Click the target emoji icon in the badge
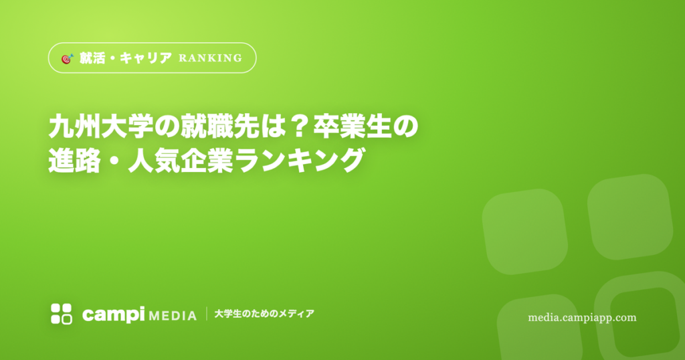point(68,58)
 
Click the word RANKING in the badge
point(210,58)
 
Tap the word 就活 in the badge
point(92,58)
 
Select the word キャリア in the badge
point(145,58)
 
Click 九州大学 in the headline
point(101,126)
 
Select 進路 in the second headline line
point(75,161)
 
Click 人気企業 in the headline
point(181,161)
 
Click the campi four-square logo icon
point(61,314)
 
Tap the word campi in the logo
point(113,314)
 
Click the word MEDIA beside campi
point(173,315)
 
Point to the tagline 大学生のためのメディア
point(264,314)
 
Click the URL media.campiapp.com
point(582,318)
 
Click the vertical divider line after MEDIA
point(206,314)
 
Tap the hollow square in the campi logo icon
point(67,319)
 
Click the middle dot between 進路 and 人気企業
point(114,161)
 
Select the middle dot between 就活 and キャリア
point(112,58)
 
